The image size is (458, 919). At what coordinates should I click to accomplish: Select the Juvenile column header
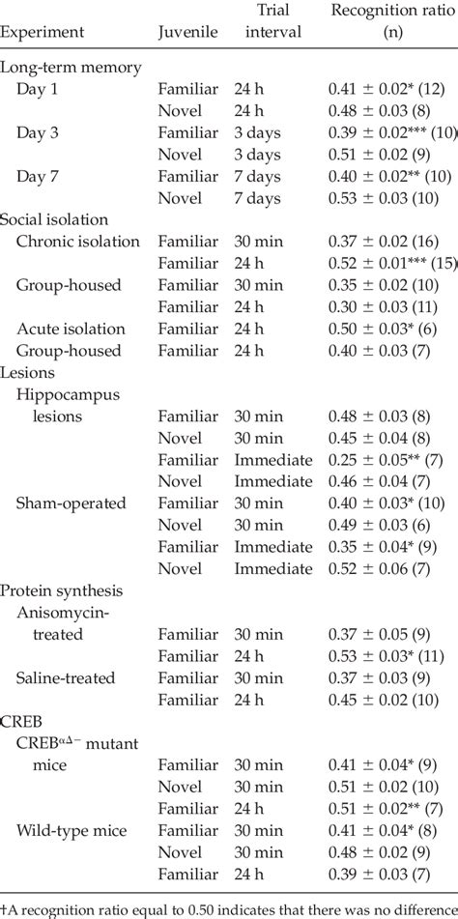point(186,32)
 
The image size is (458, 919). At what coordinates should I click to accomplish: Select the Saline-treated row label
point(66,675)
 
